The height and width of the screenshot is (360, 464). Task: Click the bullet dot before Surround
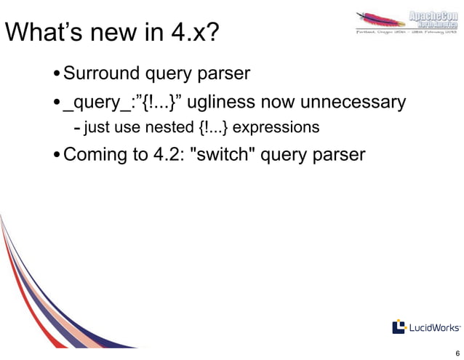click(57, 74)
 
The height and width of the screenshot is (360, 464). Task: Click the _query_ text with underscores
click(95, 102)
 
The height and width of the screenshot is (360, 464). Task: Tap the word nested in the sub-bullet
click(168, 129)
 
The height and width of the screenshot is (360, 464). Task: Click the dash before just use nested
click(77, 129)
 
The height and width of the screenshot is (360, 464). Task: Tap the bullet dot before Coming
click(57, 156)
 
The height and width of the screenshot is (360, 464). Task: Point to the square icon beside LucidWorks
click(399, 327)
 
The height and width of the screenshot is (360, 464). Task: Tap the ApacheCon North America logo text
click(432, 20)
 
